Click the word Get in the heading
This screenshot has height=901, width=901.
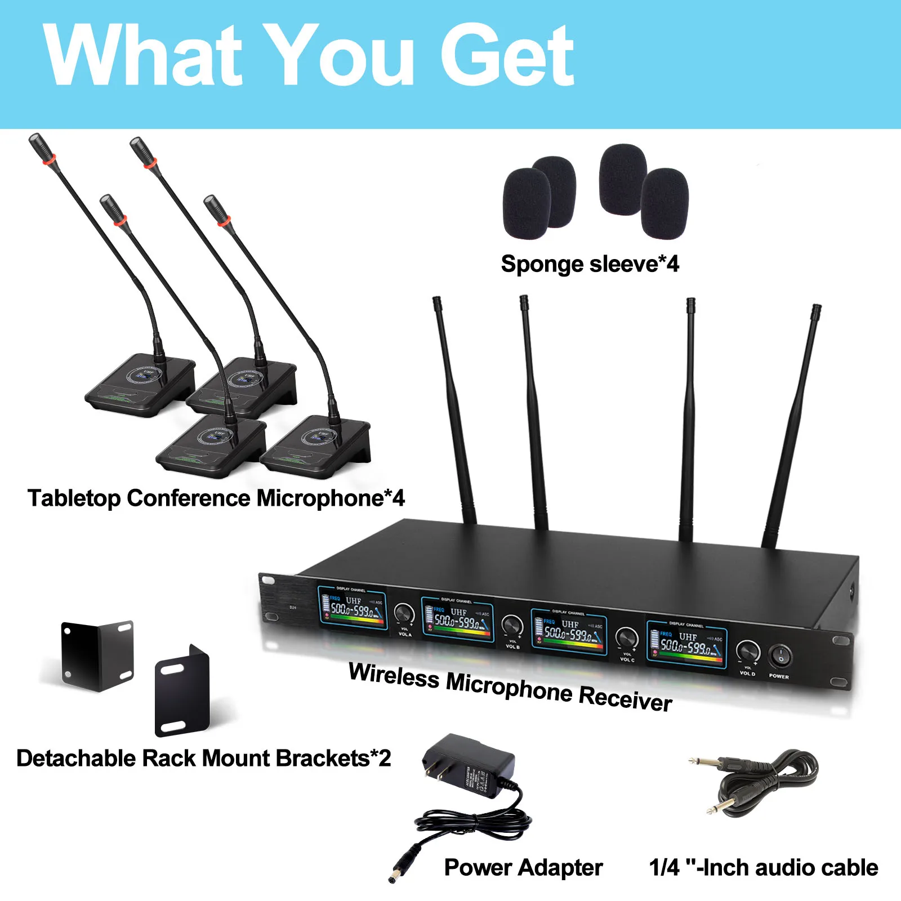(x=507, y=56)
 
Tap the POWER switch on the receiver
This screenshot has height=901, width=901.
(x=781, y=656)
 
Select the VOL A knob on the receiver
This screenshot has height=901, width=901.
(x=404, y=614)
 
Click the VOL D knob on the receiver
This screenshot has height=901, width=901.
(x=748, y=652)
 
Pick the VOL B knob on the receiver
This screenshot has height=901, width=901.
(x=512, y=625)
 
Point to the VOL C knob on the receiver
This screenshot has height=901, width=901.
(x=626, y=638)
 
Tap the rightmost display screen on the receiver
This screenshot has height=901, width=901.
(x=686, y=644)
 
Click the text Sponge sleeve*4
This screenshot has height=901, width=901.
(x=590, y=264)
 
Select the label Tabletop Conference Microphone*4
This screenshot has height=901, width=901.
(x=216, y=498)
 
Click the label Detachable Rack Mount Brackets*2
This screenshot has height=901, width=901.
(x=203, y=759)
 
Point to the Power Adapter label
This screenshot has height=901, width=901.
(x=523, y=868)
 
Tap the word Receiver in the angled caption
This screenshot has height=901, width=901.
(x=625, y=699)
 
